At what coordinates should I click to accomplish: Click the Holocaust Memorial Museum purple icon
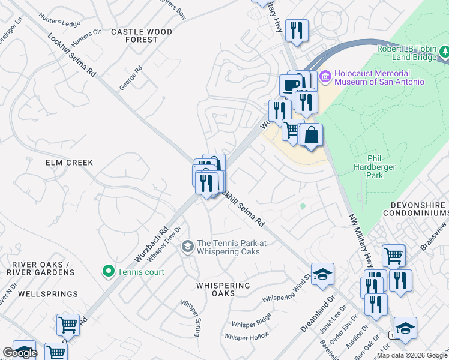[325, 76]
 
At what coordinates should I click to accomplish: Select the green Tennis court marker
[109, 272]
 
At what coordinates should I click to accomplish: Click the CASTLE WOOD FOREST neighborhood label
[142, 35]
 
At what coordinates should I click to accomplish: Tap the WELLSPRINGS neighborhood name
[48, 294]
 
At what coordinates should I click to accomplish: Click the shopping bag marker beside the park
[312, 136]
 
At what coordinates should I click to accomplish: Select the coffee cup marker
[291, 85]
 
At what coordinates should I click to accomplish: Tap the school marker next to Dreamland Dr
[322, 274]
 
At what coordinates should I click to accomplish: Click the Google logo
[20, 353]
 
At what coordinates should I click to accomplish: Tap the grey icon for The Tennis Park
[188, 247]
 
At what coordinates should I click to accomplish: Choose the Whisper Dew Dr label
[164, 243]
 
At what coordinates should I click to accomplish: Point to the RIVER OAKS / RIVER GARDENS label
[40, 268]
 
